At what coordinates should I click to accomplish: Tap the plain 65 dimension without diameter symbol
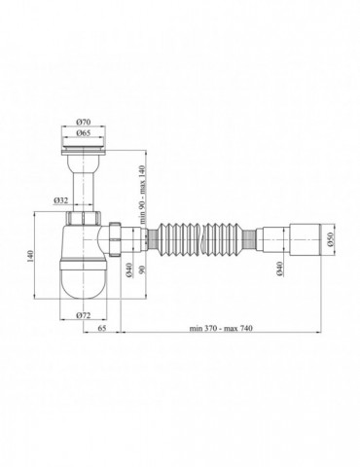click(102, 331)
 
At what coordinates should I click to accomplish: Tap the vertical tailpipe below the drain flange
click(85, 185)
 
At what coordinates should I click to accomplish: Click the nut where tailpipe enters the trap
click(85, 215)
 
